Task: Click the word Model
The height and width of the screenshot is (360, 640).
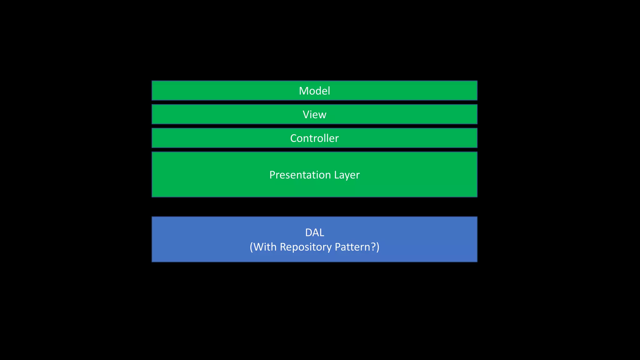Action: click(314, 91)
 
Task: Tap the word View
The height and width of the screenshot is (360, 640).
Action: click(314, 115)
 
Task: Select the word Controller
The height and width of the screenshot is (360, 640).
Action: click(314, 138)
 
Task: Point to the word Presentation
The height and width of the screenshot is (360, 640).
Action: click(300, 175)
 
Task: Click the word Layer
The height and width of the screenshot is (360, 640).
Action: click(347, 175)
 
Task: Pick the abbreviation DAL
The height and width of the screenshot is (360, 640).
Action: click(314, 232)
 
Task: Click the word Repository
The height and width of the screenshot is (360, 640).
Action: click(306, 247)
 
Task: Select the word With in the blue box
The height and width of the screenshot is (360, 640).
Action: click(265, 247)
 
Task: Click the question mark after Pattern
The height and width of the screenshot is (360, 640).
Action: click(373, 247)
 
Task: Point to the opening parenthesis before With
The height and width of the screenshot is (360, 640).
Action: click(252, 247)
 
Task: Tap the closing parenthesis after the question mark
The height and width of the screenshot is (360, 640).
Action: click(378, 247)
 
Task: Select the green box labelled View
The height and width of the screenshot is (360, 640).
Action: click(219, 115)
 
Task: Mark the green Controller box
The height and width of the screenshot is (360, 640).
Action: click(219, 138)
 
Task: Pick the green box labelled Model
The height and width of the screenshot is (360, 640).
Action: click(219, 91)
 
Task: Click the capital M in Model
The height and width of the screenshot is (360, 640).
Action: click(303, 91)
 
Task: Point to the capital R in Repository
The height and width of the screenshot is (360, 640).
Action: click(283, 247)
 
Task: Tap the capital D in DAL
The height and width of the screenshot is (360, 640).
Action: click(308, 232)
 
